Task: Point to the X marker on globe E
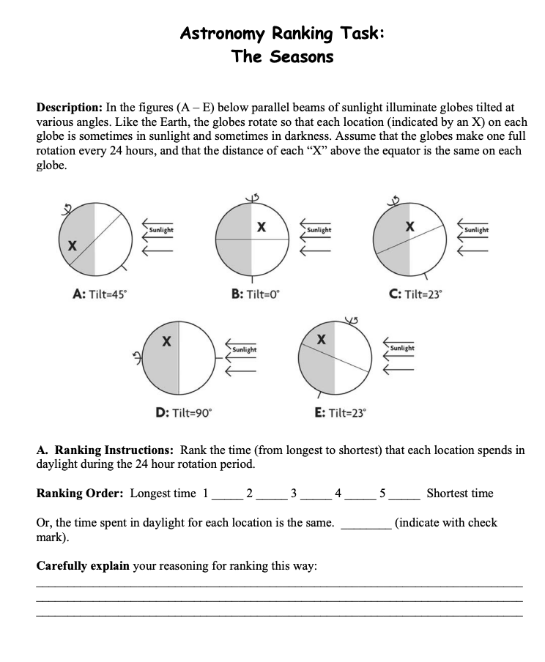pyautogui.click(x=320, y=339)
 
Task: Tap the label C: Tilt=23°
pyautogui.click(x=415, y=294)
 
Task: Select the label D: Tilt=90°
pyautogui.click(x=184, y=412)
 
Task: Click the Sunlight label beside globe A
pyautogui.click(x=160, y=231)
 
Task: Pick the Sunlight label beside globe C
pyautogui.click(x=476, y=231)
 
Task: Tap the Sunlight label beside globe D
pyautogui.click(x=244, y=349)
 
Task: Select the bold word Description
pyautogui.click(x=71, y=107)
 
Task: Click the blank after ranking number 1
pyautogui.click(x=226, y=494)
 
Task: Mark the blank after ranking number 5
pyautogui.click(x=404, y=494)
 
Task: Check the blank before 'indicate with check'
pyautogui.click(x=365, y=524)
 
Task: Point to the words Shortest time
pyautogui.click(x=460, y=493)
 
